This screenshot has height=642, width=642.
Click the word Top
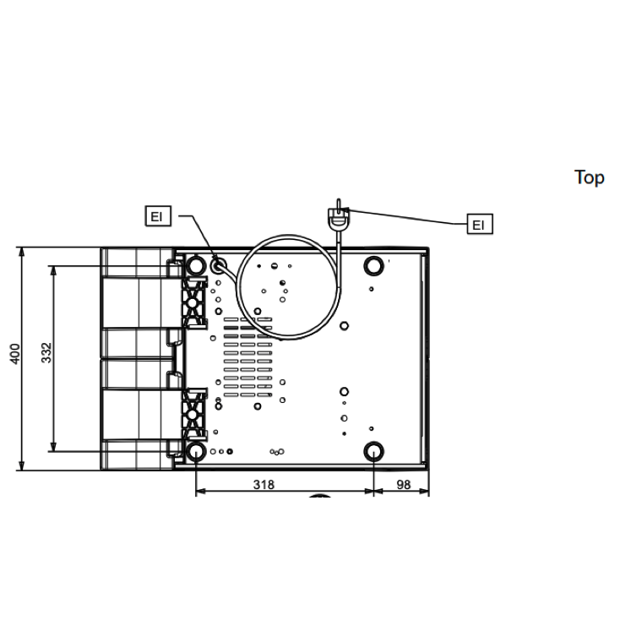point(589,177)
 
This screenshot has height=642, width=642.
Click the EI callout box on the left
point(158,215)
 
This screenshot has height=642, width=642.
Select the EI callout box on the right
point(480,224)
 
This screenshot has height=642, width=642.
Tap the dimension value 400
point(14,354)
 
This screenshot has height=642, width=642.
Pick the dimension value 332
point(46,352)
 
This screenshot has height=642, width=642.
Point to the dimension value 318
point(264,485)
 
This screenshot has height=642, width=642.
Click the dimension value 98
point(403,485)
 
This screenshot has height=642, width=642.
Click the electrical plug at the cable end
point(339,216)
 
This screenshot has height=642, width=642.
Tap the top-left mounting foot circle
point(196,266)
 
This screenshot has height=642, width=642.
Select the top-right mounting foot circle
point(373,266)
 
